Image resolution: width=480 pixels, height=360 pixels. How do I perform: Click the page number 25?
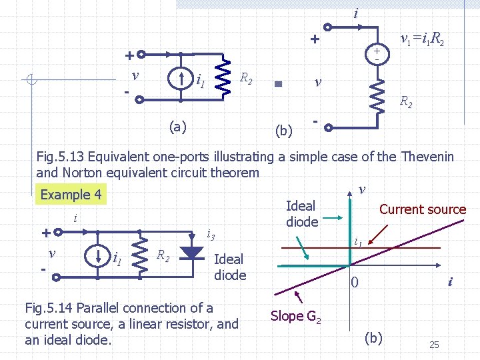(433, 345)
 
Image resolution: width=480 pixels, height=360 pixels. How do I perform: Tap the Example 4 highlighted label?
(71, 195)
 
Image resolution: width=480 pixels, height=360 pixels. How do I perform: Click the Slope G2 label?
(297, 316)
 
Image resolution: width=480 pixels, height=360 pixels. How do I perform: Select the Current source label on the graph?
(422, 209)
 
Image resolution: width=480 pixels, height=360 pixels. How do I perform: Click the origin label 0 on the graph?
(355, 283)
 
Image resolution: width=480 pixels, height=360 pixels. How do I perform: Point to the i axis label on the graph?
(450, 282)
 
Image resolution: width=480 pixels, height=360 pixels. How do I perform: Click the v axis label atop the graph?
(361, 189)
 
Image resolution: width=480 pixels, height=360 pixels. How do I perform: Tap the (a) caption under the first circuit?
(177, 127)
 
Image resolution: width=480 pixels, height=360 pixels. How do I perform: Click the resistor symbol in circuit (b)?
(378, 97)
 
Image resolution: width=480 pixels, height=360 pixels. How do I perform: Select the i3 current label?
(210, 234)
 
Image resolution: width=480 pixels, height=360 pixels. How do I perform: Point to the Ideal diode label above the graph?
(301, 214)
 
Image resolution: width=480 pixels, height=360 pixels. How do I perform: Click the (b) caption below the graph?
(373, 338)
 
